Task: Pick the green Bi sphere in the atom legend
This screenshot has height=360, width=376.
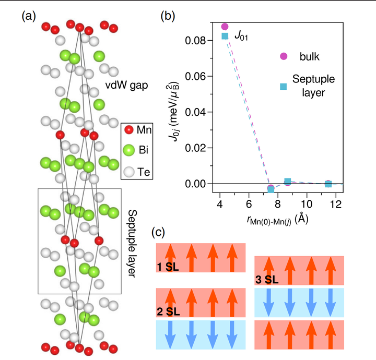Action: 129,151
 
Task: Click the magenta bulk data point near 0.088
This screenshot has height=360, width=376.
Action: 225,27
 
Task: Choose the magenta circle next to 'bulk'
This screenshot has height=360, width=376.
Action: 284,56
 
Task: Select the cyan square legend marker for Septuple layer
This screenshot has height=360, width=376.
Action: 284,86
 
